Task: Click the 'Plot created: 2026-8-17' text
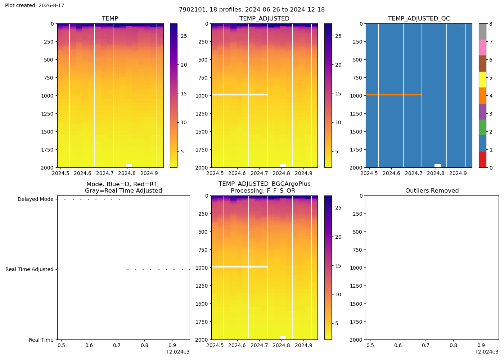pos(35,5)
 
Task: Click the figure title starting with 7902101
pos(252,10)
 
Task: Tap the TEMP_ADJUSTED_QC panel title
pos(419,19)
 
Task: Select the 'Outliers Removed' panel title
pos(432,190)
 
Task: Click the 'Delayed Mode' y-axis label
pos(36,199)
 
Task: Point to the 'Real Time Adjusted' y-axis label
pos(30,269)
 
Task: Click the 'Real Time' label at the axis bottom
pos(41,340)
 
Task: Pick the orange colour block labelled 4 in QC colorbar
pos(482,96)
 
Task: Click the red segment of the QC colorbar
pos(482,159)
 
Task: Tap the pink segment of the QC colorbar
pos(482,48)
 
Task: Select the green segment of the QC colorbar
pos(482,127)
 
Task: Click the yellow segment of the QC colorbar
pos(482,80)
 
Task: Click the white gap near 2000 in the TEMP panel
pos(129,166)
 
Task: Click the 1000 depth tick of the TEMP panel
pos(47,96)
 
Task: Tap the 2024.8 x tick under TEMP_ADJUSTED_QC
pos(436,173)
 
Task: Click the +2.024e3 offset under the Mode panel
pos(177,352)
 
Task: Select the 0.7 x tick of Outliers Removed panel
pos(426,345)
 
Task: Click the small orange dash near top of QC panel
pos(462,27)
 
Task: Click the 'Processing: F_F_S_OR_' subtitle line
pos(264,190)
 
